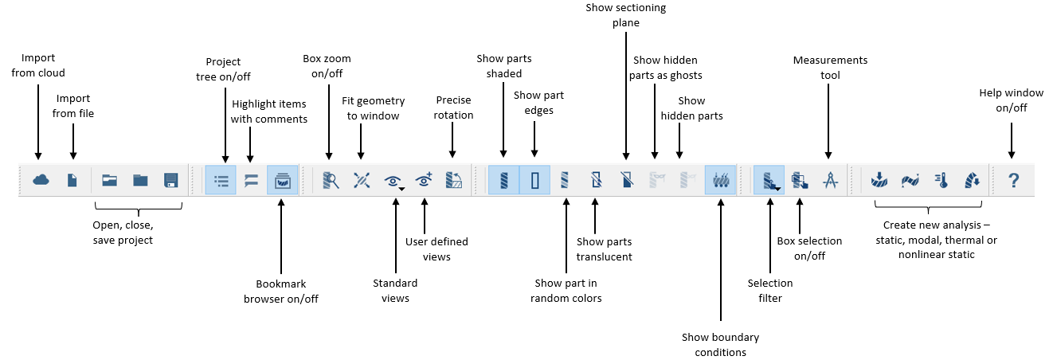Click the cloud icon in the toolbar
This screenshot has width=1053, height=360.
coord(41,180)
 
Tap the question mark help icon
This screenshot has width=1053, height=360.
coord(1013,180)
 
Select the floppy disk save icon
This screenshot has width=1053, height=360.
coord(170,180)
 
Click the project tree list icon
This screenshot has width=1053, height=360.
coord(221,180)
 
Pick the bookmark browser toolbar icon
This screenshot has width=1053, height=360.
coord(282,180)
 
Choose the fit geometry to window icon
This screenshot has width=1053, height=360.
coord(362,180)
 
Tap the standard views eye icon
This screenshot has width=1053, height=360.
coord(393,181)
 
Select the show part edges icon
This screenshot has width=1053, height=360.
coord(535,180)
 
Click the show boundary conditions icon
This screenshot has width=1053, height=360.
coord(721,180)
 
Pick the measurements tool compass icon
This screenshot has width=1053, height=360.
coord(830,180)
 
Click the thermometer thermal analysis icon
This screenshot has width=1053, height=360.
coord(941,180)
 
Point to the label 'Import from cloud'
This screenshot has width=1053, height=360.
coord(38,65)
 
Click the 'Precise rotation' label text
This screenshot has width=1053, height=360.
coord(454,108)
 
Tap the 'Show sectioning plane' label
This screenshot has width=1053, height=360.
coord(626,15)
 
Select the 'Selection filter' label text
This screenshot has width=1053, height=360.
coord(770,290)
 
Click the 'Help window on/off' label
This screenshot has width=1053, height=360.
coord(1012,100)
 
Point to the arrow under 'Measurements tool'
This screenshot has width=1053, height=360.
coord(829,123)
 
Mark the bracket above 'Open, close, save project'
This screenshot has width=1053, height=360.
coord(138,207)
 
